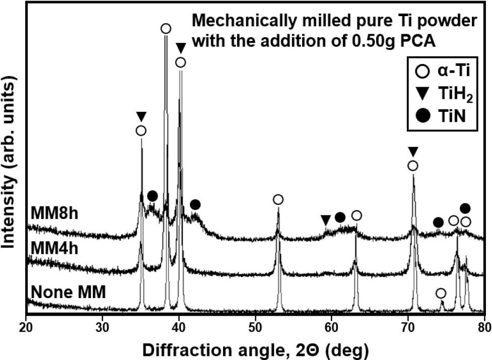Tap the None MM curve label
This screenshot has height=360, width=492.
point(68,292)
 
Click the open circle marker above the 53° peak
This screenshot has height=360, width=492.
point(278,200)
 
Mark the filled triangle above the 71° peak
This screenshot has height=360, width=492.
point(413,152)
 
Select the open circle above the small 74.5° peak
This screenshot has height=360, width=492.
point(441,293)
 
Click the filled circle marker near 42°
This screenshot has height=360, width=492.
point(195,204)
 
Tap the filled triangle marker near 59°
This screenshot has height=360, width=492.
point(326,220)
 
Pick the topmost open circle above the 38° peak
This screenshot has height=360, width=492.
point(166,29)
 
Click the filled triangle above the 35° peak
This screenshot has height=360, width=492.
point(141,116)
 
